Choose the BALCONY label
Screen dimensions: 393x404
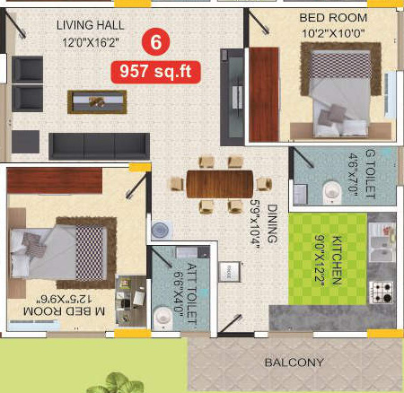[295, 363]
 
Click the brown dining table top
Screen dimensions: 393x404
[220, 183]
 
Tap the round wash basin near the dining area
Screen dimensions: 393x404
[160, 230]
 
